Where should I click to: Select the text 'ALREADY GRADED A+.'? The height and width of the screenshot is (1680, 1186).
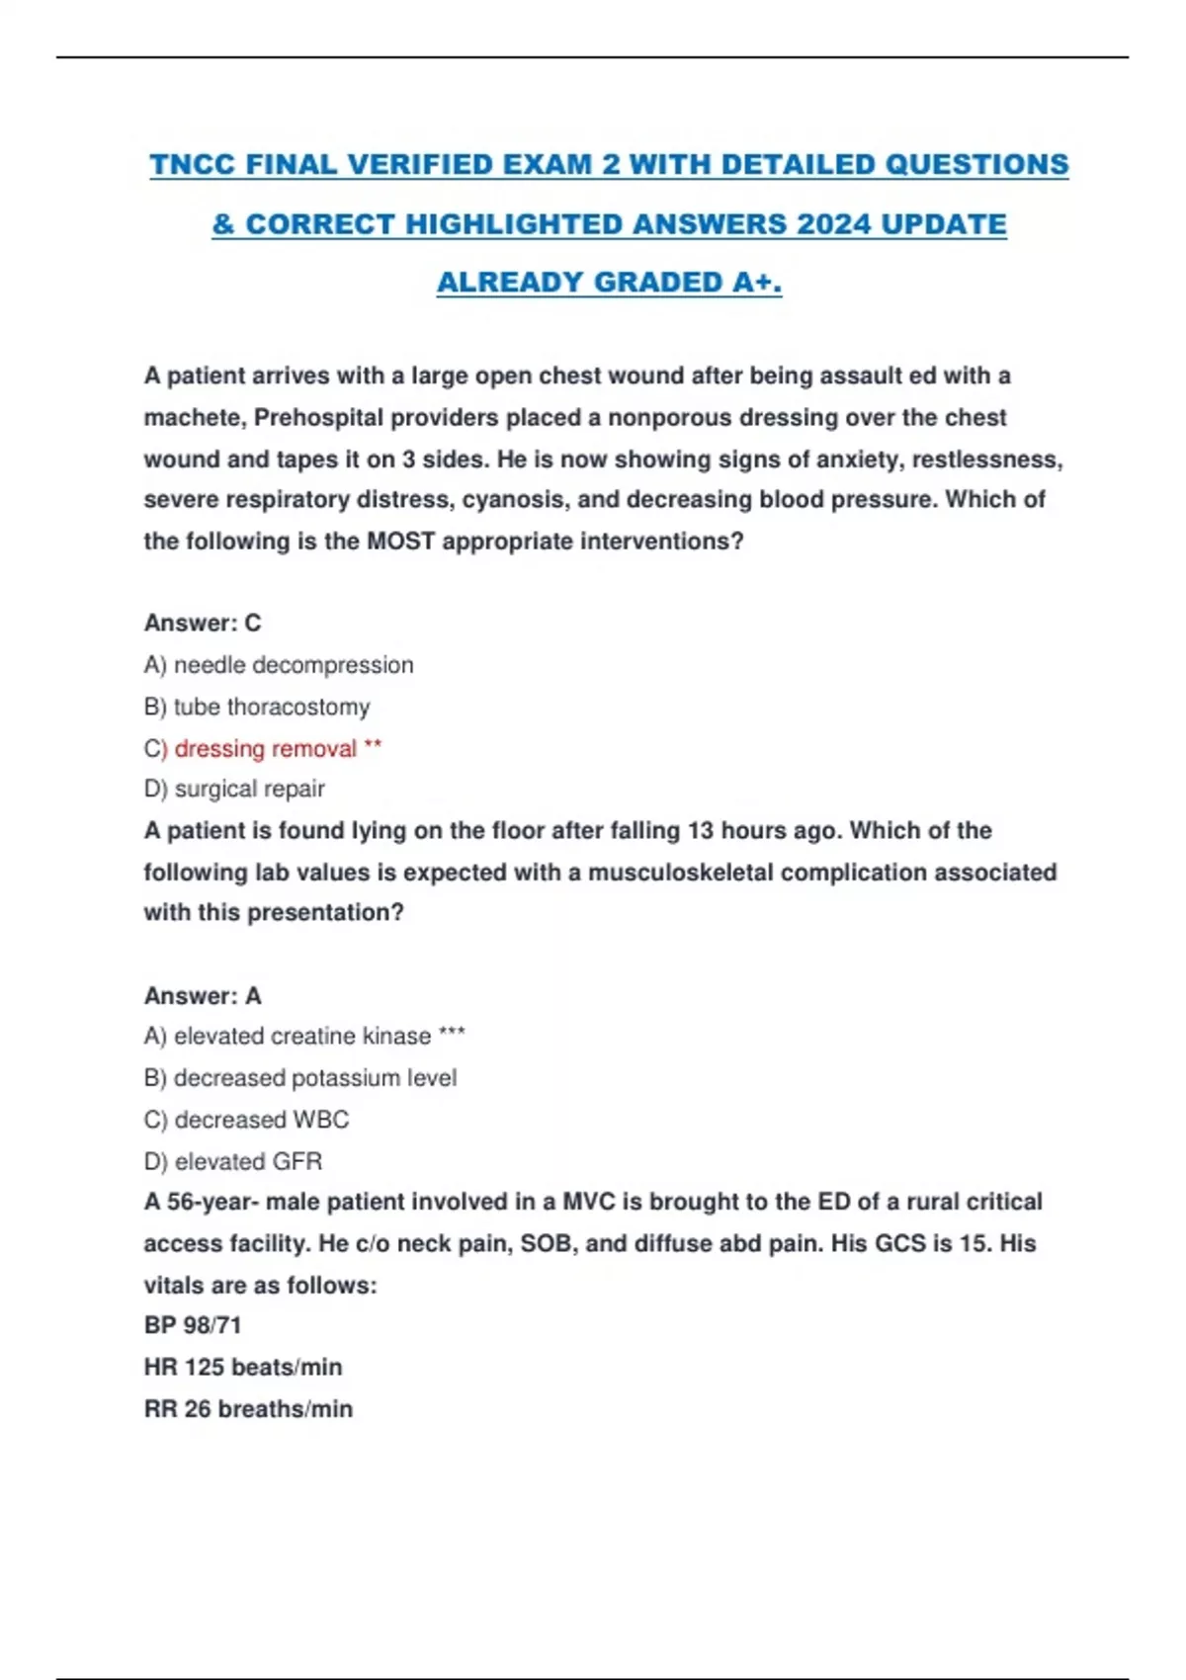pos(609,283)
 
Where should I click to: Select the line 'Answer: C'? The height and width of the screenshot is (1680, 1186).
pos(203,624)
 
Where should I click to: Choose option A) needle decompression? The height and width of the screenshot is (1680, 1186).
pos(279,665)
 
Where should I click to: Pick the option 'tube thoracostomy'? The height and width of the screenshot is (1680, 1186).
pos(257,708)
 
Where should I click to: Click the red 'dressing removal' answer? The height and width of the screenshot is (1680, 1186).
pos(265,749)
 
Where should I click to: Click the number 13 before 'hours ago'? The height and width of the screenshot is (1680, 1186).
pos(700,831)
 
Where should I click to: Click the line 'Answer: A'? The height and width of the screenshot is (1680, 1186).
pos(203,996)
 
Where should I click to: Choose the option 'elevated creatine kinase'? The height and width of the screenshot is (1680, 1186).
pos(302,1037)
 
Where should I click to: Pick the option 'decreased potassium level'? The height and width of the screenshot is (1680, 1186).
pos(300,1078)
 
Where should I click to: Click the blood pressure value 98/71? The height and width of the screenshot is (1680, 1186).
pos(212,1325)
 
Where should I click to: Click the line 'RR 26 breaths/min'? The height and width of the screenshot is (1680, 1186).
pos(248,1409)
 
